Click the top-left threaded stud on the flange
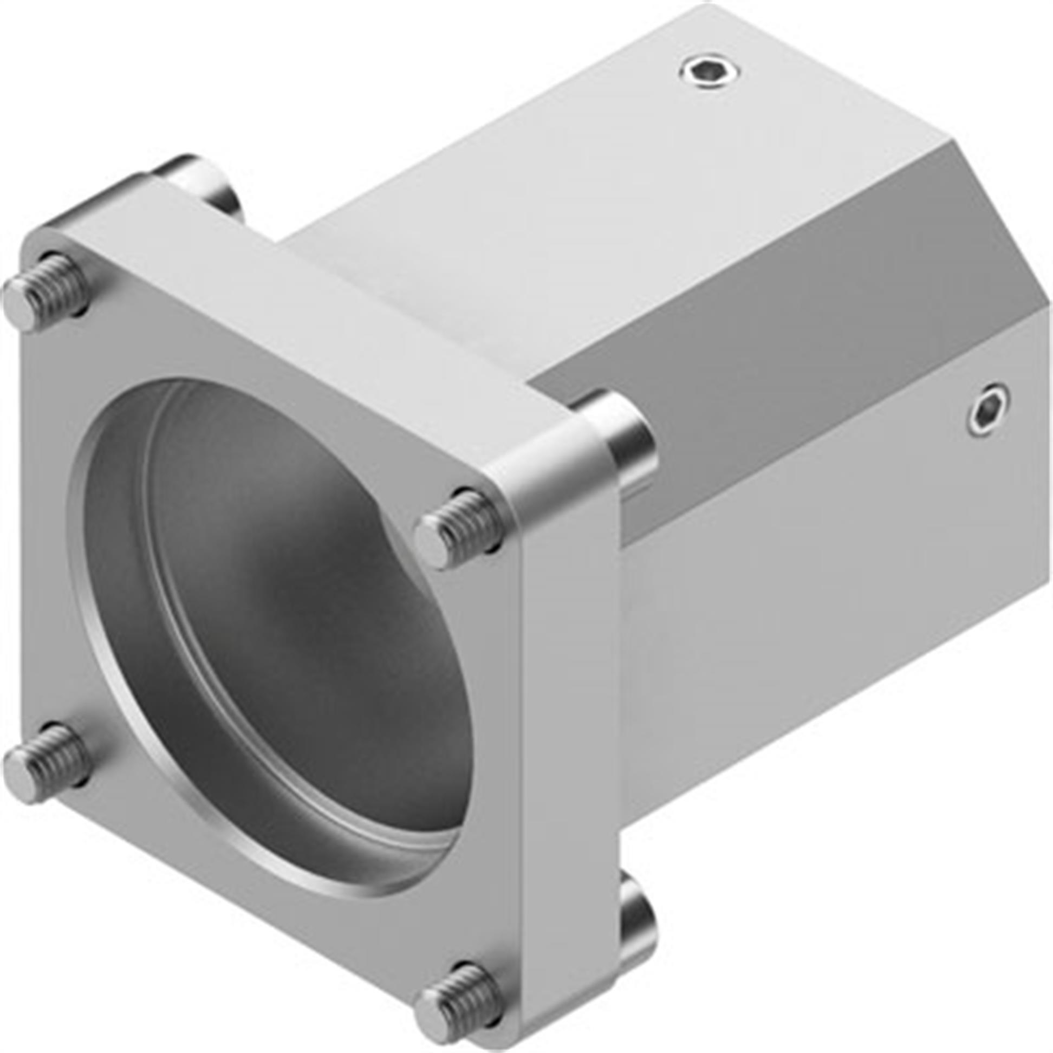47,287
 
